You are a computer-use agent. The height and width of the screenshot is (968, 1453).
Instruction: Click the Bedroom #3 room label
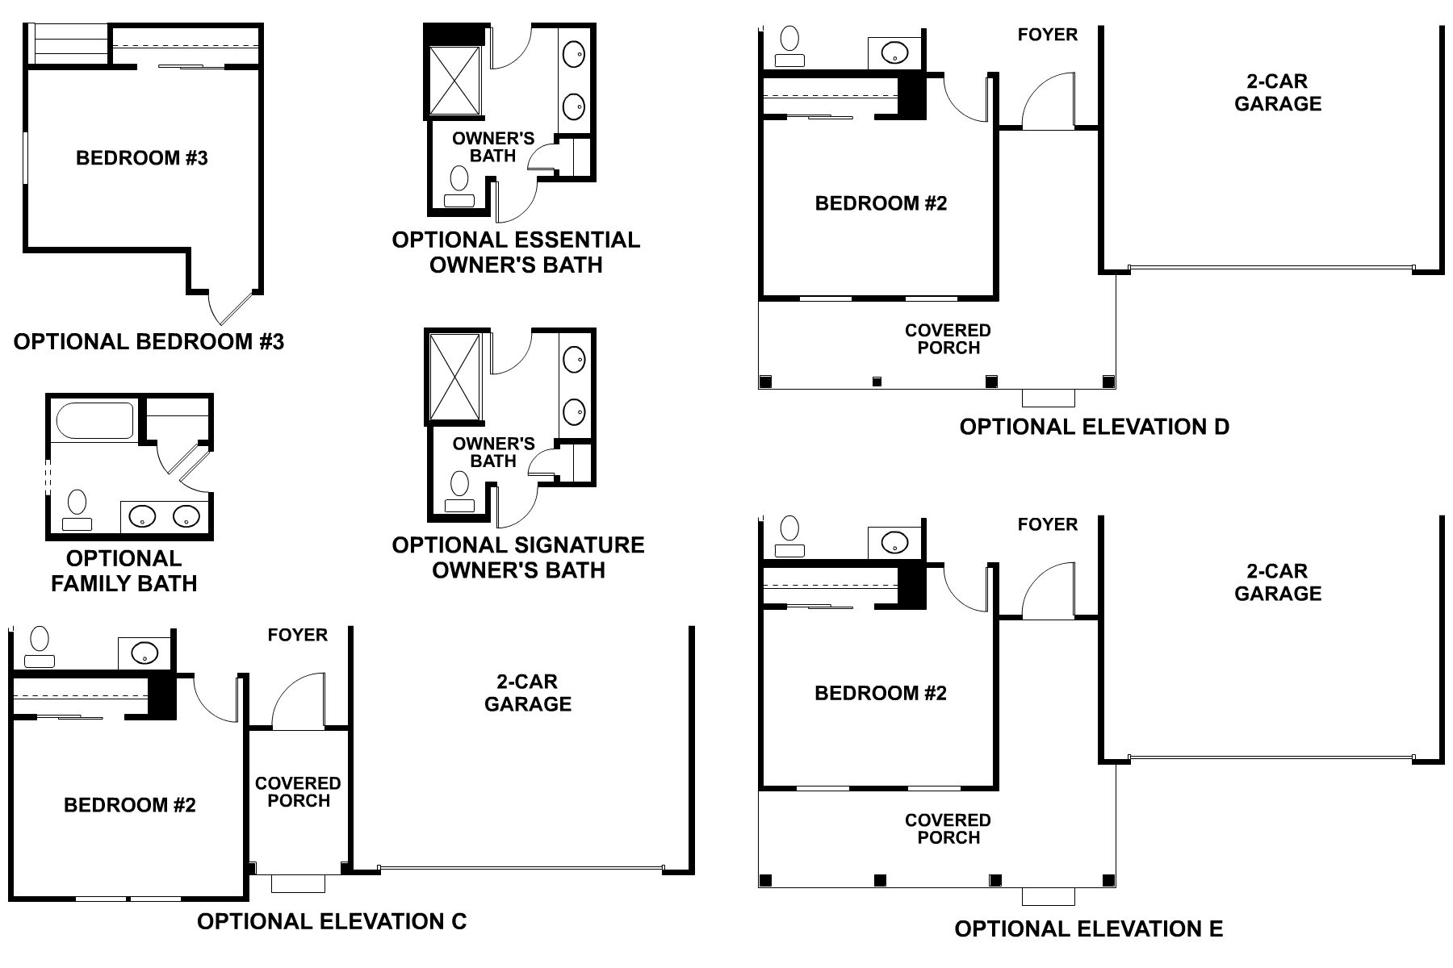(142, 158)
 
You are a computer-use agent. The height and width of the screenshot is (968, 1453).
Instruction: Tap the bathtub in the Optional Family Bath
(94, 421)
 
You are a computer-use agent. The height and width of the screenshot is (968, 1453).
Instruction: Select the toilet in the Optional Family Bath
(77, 509)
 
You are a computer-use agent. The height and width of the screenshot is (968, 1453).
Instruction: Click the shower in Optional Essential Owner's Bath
(454, 80)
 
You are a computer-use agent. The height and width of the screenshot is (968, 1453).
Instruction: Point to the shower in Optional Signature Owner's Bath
(454, 378)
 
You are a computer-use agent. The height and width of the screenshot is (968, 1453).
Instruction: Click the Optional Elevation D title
(1094, 427)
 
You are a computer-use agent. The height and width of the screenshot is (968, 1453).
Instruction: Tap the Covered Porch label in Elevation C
(298, 792)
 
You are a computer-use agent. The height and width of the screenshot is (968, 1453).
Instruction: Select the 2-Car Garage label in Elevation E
(1278, 582)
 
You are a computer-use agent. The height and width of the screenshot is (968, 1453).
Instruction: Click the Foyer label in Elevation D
(1047, 35)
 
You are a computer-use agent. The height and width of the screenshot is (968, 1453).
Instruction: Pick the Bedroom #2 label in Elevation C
(130, 805)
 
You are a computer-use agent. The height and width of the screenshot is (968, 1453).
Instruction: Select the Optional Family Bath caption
(124, 571)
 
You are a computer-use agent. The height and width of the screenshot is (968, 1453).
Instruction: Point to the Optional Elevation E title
(1089, 929)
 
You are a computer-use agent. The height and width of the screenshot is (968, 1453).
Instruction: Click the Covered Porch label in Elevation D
(948, 340)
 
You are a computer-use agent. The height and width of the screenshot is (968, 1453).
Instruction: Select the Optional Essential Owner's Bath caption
(516, 252)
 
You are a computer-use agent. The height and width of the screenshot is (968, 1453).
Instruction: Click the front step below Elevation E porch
(1049, 896)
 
